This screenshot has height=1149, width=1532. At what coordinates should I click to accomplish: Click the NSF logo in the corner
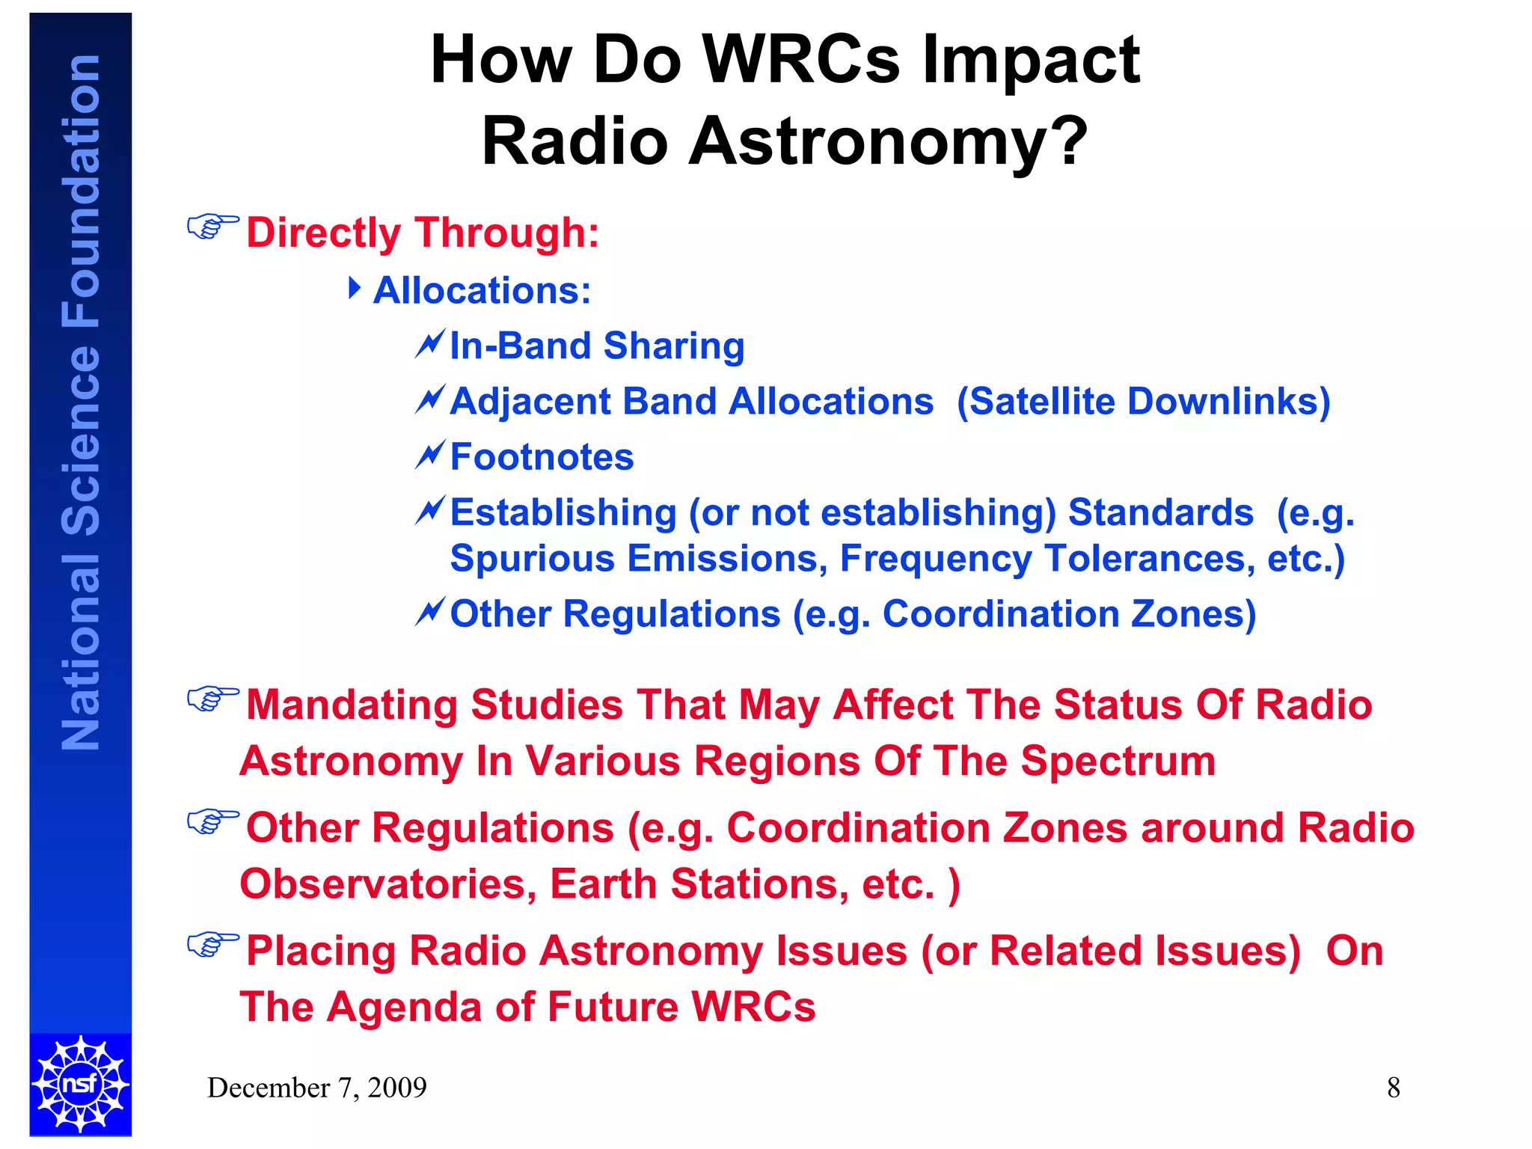tap(81, 1083)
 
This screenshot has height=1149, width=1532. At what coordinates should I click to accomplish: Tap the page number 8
tap(1393, 1088)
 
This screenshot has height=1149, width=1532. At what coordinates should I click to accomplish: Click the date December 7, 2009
tap(316, 1088)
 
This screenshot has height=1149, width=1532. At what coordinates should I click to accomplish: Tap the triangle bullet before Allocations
tap(355, 288)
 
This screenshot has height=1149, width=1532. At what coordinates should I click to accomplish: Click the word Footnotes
tap(542, 457)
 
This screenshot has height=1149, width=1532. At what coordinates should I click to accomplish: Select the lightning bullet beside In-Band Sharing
tap(431, 344)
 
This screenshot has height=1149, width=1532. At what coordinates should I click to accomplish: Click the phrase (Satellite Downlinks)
tap(1143, 402)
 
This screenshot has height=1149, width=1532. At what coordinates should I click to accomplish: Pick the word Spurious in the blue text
tap(532, 559)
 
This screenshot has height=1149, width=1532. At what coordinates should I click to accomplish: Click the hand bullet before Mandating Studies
tap(212, 699)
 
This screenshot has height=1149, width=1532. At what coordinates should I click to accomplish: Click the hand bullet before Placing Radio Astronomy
tap(212, 944)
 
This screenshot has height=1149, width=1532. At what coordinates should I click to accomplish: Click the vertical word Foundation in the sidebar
tap(81, 191)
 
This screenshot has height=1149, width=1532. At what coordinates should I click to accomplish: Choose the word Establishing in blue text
tap(563, 513)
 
